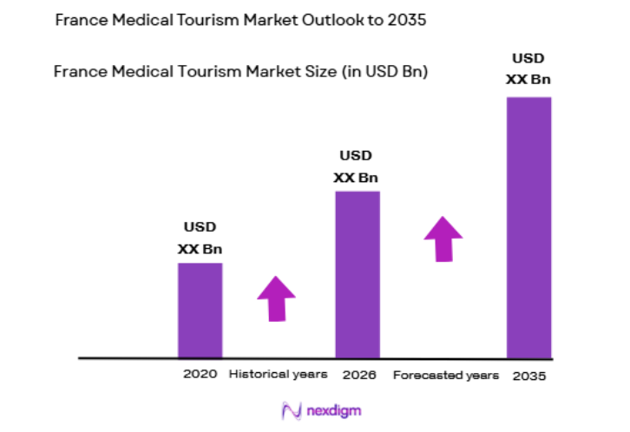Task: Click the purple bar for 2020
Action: (x=200, y=310)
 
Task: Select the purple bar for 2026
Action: (x=357, y=273)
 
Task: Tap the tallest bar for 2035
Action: (x=528, y=226)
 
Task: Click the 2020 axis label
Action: (x=200, y=375)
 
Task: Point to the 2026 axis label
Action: (x=358, y=375)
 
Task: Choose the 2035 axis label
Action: (x=529, y=376)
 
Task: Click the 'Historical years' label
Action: (x=278, y=375)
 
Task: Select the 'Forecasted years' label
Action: (x=446, y=376)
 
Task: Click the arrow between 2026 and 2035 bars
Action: (x=443, y=239)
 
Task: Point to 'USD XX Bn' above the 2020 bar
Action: (x=200, y=238)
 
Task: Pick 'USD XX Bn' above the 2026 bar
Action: (x=356, y=167)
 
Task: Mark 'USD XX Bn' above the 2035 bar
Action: (x=528, y=69)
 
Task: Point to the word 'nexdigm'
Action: (x=330, y=410)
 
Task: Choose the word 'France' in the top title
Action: (x=79, y=20)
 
